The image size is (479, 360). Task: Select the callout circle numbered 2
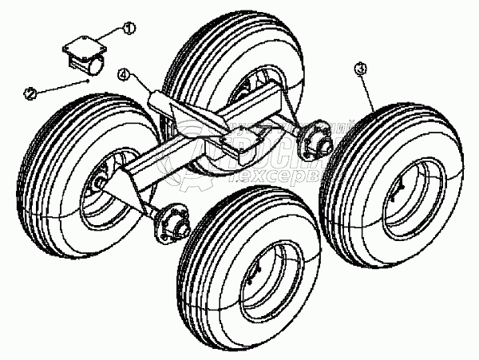pyautogui.click(x=30, y=93)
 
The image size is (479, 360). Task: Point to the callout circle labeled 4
pyautogui.click(x=123, y=76)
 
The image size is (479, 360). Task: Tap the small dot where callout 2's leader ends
pyautogui.click(x=88, y=81)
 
